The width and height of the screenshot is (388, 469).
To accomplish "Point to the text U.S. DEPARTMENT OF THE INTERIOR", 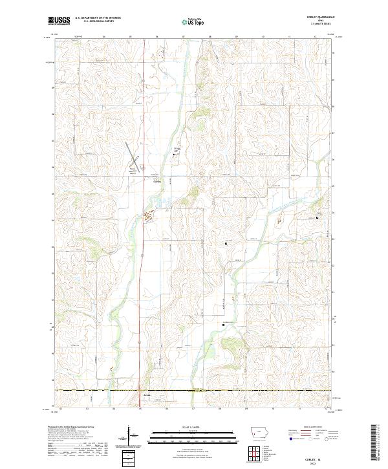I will pyautogui.click(x=98, y=19).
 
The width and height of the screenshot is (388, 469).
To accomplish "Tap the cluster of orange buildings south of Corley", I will pyautogui.click(x=148, y=216).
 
